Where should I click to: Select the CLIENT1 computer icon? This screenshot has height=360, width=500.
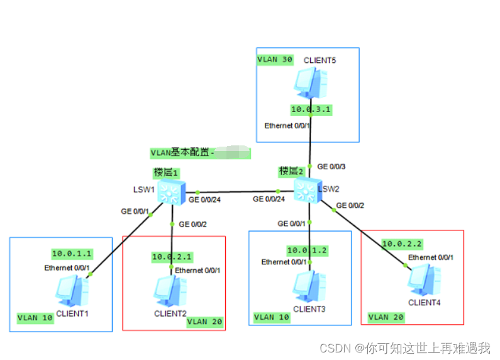point(72,290)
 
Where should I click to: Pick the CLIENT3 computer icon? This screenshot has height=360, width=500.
point(310,286)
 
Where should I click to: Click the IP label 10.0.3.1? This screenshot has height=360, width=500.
point(311,110)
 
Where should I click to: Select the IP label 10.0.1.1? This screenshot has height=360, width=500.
point(72,254)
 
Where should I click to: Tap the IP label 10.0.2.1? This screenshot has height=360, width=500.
point(172,257)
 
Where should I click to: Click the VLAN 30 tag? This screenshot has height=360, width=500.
point(275,59)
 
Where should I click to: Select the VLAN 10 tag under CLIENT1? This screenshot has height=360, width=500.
point(35,318)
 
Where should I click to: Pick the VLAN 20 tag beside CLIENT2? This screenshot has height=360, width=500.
point(206,322)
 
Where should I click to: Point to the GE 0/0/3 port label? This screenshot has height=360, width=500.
point(331,167)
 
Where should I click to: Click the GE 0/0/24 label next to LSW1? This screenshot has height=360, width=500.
point(204,200)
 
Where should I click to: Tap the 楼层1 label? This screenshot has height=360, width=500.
point(166,172)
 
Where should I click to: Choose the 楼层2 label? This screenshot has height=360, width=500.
point(292,171)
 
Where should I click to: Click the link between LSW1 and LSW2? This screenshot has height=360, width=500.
point(239,191)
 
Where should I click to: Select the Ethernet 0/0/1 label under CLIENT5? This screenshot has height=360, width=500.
point(287,126)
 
